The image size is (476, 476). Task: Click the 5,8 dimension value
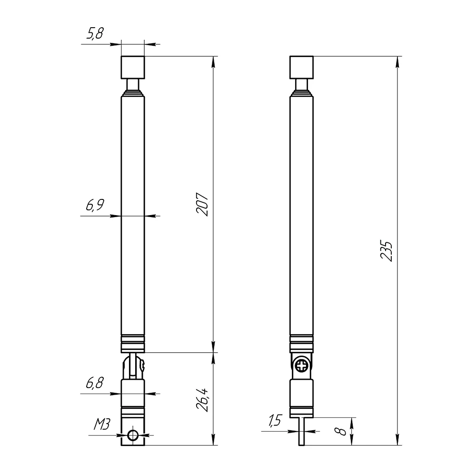[95, 33]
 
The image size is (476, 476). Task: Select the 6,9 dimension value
[95, 205]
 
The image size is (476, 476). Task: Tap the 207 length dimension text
[202, 204]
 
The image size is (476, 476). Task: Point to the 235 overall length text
[387, 251]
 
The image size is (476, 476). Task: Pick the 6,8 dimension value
[95, 383]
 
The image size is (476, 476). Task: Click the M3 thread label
[102, 424]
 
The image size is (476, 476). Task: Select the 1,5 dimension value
[275, 420]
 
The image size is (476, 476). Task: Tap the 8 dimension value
[342, 431]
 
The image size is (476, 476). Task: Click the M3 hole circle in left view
[133, 435]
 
